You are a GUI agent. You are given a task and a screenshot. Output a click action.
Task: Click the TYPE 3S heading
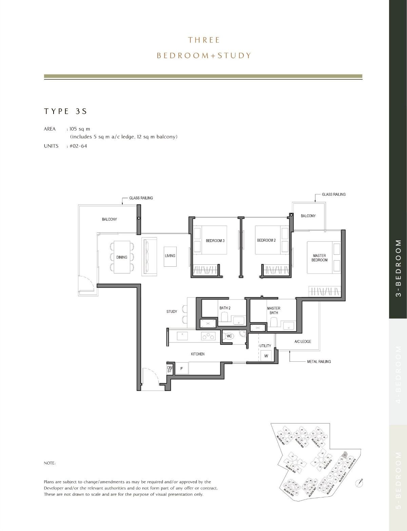click(x=65, y=111)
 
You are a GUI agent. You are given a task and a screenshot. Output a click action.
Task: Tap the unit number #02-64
click(x=78, y=146)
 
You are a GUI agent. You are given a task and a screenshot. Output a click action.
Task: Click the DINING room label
click(x=122, y=257)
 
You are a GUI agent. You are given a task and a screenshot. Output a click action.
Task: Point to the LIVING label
click(x=170, y=255)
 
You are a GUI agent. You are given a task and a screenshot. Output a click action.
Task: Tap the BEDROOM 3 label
click(x=215, y=241)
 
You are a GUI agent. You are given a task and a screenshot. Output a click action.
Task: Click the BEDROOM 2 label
click(x=266, y=240)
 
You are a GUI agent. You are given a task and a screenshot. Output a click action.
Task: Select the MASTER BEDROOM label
click(x=319, y=258)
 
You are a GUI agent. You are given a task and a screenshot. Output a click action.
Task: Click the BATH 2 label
click(x=225, y=308)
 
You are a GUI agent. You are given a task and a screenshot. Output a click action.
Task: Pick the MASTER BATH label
click(x=274, y=310)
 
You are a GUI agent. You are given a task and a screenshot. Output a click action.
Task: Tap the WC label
click(x=229, y=336)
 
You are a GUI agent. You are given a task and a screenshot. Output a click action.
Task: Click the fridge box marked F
click(x=181, y=368)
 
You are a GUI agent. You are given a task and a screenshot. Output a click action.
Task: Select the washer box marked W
click(x=266, y=356)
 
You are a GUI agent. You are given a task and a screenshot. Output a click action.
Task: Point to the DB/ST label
click(x=170, y=369)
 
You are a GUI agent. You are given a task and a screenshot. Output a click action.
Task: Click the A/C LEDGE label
click(x=303, y=342)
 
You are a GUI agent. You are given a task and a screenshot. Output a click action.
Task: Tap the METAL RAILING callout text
click(x=319, y=362)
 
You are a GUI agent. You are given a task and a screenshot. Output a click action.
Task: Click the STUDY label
click(x=172, y=311)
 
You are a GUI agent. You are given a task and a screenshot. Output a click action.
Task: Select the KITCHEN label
click(x=198, y=354)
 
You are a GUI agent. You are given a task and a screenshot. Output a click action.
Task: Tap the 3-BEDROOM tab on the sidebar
click(x=398, y=268)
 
